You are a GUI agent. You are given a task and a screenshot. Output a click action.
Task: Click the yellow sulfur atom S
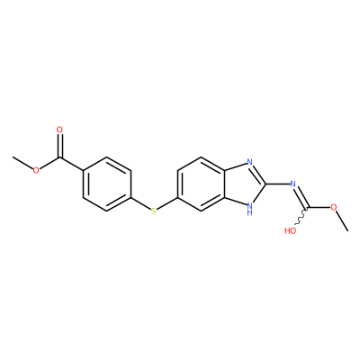154,211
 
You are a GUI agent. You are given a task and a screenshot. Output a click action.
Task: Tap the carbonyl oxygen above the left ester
59,130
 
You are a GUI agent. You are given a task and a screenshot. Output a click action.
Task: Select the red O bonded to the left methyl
36,170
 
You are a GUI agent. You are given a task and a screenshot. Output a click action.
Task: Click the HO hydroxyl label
290,230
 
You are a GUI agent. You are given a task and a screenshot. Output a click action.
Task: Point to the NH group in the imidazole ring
249,208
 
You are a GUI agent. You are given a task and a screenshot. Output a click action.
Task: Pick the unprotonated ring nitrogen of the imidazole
249,162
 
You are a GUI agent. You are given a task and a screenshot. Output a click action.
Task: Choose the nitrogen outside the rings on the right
293,184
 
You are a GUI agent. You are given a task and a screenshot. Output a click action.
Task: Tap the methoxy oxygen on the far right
334,207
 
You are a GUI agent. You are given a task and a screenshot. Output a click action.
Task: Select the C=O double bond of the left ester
60,146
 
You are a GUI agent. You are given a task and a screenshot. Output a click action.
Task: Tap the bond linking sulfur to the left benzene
140,203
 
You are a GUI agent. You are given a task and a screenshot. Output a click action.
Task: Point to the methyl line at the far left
22,162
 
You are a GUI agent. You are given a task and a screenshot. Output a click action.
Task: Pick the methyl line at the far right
343,220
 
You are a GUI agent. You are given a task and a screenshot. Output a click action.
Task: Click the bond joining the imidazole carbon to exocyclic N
278,184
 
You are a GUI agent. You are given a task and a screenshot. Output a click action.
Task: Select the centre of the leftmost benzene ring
107,184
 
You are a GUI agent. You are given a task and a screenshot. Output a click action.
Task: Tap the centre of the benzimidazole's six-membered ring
201,184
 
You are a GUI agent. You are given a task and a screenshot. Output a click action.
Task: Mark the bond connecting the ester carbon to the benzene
71,164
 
